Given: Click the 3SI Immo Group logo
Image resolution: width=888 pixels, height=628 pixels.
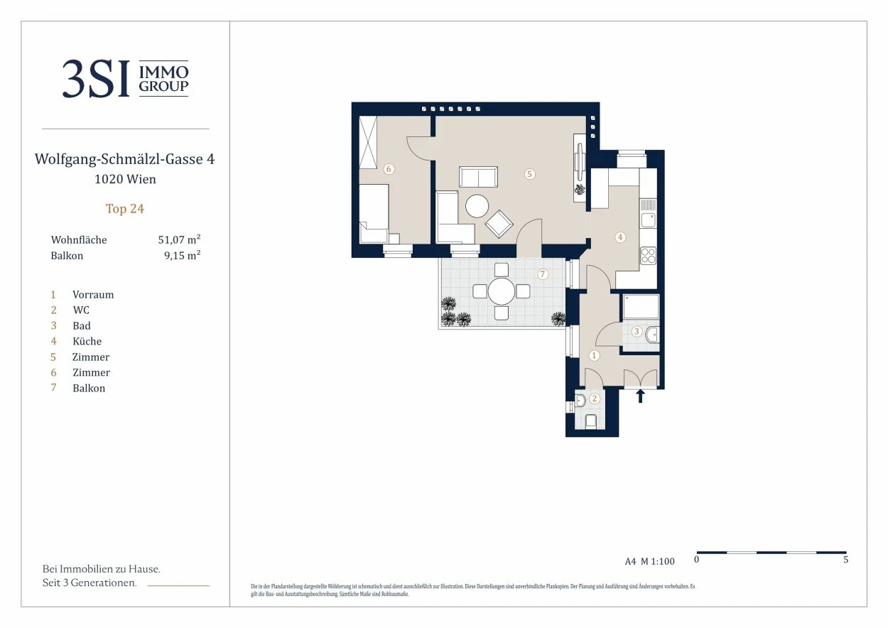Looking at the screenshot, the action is click(x=125, y=78).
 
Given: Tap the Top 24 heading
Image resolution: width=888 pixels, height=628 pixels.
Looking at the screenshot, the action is click(x=125, y=209).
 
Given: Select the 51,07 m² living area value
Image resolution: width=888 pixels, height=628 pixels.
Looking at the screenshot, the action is click(x=179, y=239).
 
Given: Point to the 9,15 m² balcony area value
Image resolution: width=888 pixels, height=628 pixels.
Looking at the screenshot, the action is click(x=183, y=255).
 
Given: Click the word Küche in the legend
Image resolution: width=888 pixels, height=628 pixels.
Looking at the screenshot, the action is click(x=87, y=341).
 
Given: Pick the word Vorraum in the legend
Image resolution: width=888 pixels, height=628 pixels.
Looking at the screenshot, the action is click(x=93, y=295).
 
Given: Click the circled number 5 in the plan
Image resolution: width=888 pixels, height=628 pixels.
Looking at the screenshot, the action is click(x=529, y=174).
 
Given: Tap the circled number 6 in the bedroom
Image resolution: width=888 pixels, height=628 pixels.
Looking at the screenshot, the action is click(x=389, y=169).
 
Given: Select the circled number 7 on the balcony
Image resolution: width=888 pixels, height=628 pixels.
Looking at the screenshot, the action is click(x=543, y=274).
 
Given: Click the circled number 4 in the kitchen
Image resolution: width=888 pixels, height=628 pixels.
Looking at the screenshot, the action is click(x=620, y=237).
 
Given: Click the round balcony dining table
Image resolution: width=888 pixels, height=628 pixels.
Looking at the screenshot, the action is click(x=501, y=291).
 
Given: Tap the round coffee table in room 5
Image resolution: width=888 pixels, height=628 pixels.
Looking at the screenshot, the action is click(x=477, y=206).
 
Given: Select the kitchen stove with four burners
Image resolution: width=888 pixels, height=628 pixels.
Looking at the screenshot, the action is click(x=648, y=256).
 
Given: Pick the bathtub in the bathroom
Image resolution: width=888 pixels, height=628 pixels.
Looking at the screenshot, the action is click(x=641, y=306).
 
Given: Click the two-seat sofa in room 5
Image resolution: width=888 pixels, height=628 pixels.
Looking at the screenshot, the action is click(x=478, y=177).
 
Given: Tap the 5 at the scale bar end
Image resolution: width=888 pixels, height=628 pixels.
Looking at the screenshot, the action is click(x=845, y=559).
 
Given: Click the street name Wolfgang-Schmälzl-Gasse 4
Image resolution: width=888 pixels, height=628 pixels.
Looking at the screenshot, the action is click(x=125, y=159).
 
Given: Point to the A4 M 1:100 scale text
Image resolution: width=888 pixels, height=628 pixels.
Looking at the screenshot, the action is click(x=649, y=561).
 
